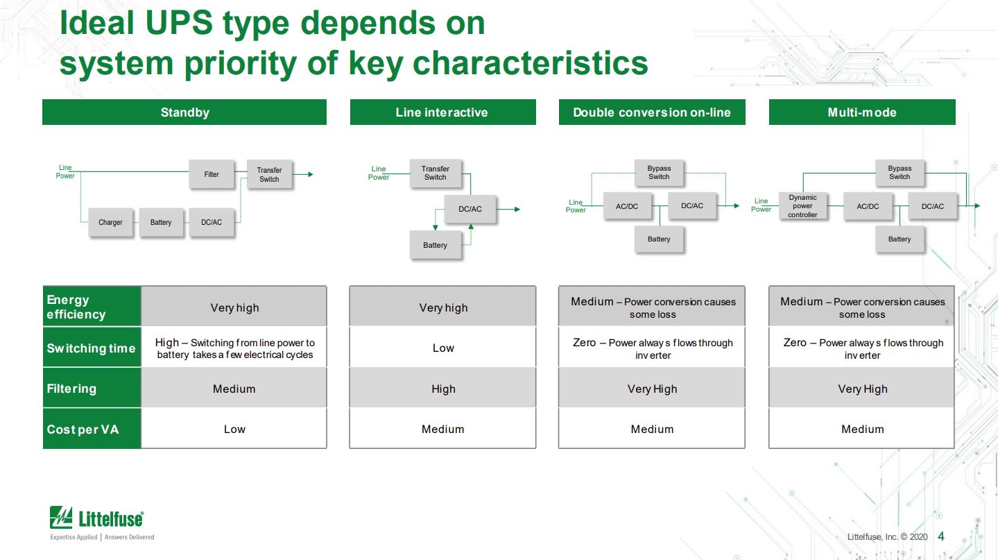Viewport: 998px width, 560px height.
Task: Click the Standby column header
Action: coord(184,112)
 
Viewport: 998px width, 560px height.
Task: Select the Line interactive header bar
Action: coord(442,112)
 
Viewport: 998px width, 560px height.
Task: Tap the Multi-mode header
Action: coord(862,112)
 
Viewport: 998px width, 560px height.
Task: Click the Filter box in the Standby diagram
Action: coord(212,174)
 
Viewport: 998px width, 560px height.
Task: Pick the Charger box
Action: coord(110,222)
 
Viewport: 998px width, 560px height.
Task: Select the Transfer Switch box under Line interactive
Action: coord(435,173)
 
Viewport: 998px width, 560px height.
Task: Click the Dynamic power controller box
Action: coord(802,206)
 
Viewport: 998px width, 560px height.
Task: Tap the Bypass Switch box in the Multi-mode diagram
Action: coord(900,172)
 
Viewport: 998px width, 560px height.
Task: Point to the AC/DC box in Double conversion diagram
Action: coord(627,206)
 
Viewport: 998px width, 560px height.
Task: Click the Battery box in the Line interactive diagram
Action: coord(435,245)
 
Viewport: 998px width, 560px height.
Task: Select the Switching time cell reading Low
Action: coord(443,348)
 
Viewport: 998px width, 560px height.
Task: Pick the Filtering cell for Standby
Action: coord(234,389)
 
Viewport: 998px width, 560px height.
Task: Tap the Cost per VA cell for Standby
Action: coord(234,429)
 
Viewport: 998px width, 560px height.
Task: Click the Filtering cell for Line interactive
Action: coord(443,389)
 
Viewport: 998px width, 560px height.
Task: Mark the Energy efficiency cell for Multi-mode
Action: coord(862,307)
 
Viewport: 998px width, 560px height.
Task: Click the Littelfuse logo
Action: coord(96,518)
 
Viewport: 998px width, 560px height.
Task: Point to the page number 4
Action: coord(941,536)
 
